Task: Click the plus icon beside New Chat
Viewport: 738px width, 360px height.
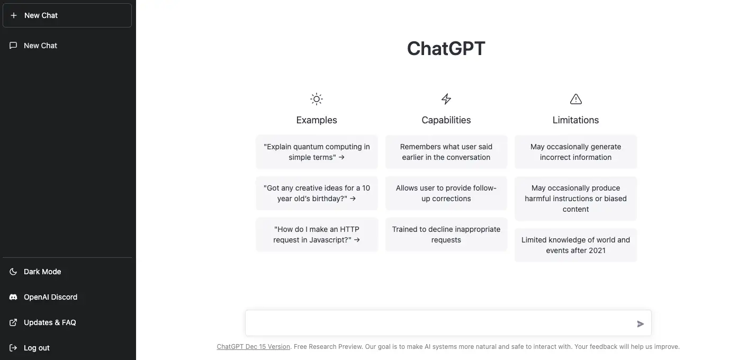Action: [x=14, y=15]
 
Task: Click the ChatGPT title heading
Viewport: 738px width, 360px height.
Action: [x=446, y=48]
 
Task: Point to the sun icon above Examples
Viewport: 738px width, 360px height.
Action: [x=316, y=99]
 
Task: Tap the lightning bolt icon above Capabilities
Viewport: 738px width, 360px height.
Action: [x=446, y=99]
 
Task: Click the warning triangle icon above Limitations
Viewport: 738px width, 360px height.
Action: [x=575, y=99]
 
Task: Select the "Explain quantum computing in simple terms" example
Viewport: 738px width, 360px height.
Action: [x=317, y=152]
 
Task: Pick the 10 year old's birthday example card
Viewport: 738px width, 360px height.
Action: [x=317, y=193]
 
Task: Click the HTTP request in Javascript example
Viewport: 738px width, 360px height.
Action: [x=317, y=235]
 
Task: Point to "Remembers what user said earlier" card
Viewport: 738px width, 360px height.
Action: [x=446, y=152]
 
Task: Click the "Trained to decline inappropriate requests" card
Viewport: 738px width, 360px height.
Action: [x=446, y=235]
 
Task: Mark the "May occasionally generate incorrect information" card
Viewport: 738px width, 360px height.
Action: [x=575, y=152]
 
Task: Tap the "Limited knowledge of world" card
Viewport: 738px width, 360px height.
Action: [x=575, y=245]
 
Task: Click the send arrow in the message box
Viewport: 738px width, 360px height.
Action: [x=640, y=324]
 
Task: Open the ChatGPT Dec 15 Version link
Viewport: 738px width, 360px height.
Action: [x=254, y=347]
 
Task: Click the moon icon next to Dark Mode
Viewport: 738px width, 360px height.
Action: [x=13, y=272]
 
